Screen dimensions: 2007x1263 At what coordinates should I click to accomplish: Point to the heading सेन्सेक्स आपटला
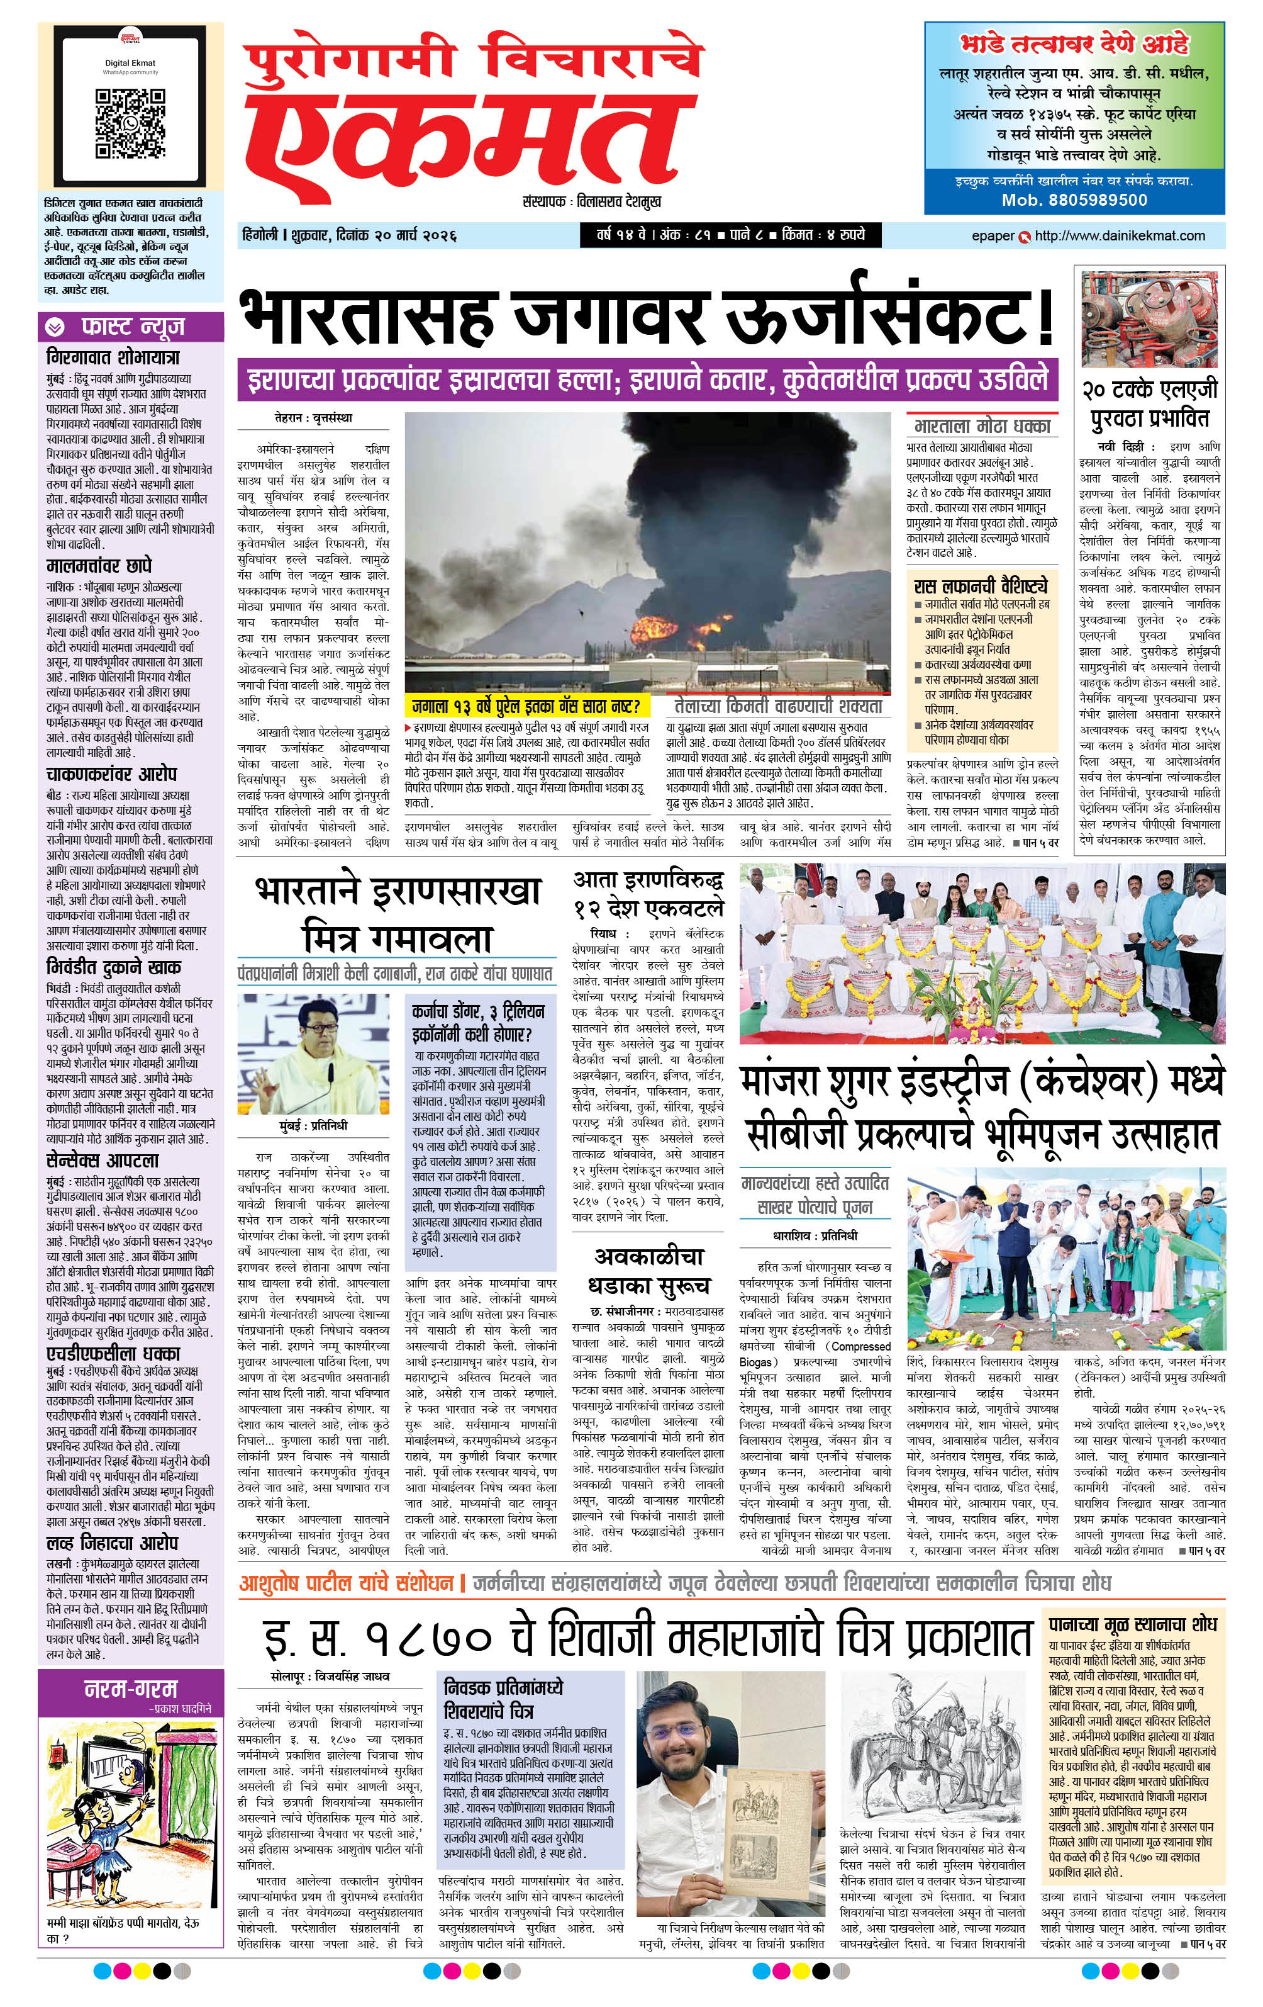tap(103, 1160)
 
